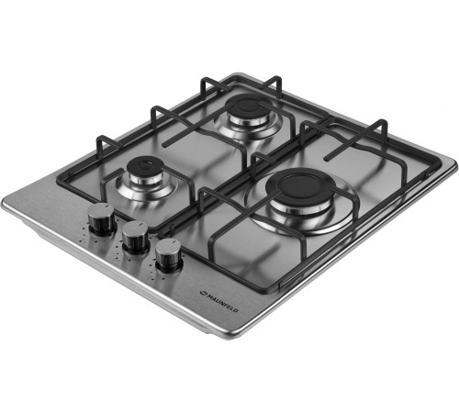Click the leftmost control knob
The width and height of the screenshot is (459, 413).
pyautogui.click(x=102, y=218)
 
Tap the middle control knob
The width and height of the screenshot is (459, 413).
pyautogui.click(x=136, y=236)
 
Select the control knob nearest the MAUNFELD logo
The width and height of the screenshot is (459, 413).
pyautogui.click(x=169, y=254)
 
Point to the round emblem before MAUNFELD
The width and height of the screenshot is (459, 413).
pyautogui.click(x=203, y=293)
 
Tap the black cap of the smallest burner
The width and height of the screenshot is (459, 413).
pyautogui.click(x=144, y=166)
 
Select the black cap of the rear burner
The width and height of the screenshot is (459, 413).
pyautogui.click(x=246, y=106)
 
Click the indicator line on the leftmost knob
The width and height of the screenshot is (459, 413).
pyautogui.click(x=107, y=206)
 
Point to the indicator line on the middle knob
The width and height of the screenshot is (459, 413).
pyautogui.click(x=141, y=225)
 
